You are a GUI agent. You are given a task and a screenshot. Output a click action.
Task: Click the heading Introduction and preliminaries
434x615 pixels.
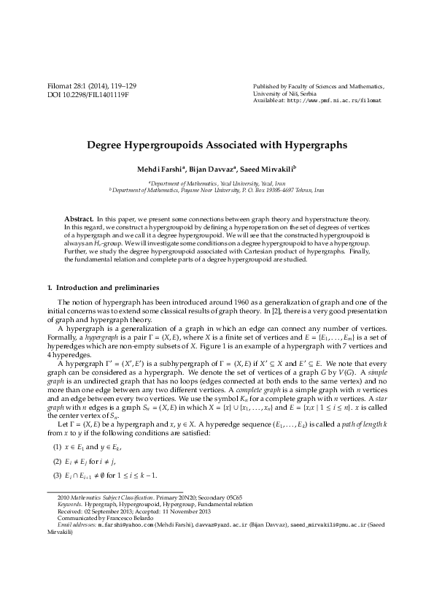click(x=109, y=288)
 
